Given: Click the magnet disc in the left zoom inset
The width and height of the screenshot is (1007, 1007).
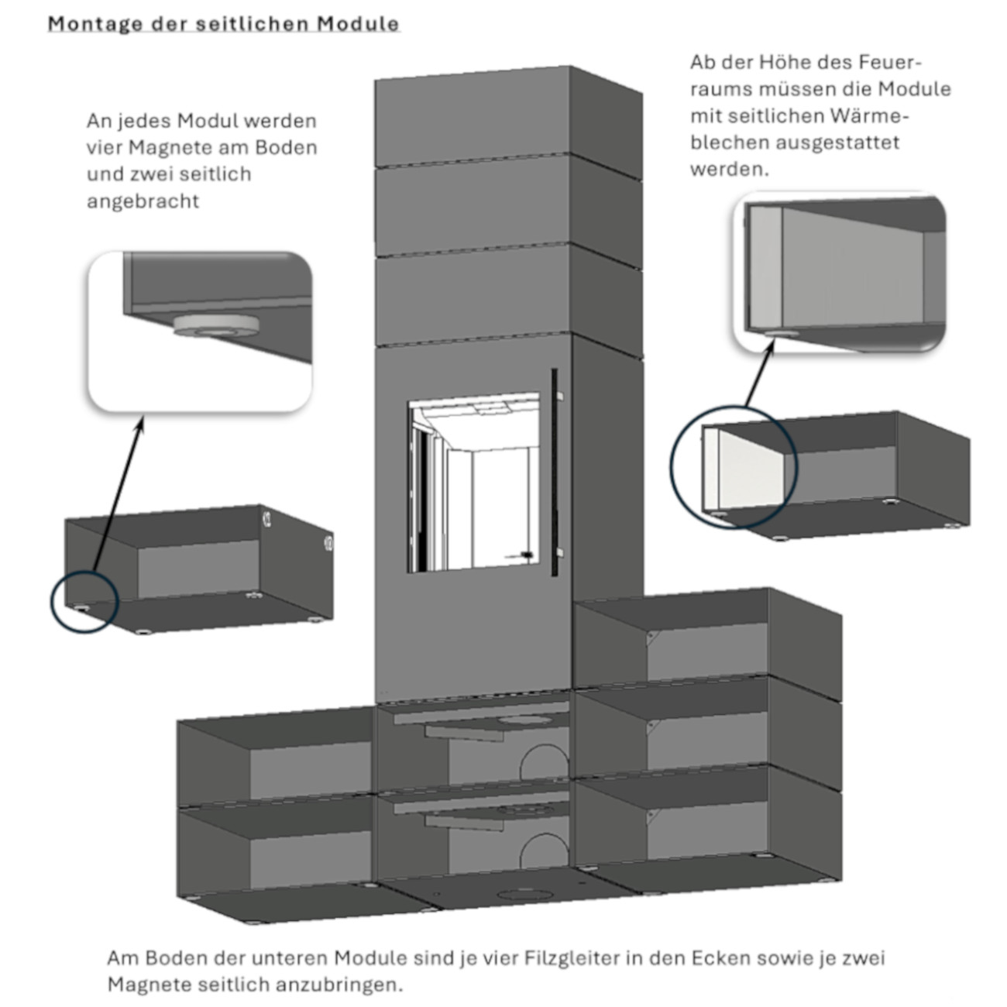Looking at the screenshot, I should (216, 326).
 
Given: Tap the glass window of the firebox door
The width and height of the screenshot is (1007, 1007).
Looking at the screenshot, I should (473, 480).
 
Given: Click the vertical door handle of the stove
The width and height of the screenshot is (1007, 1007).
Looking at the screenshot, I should (555, 473).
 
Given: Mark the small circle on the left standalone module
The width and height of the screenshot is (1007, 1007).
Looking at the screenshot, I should (83, 605).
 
